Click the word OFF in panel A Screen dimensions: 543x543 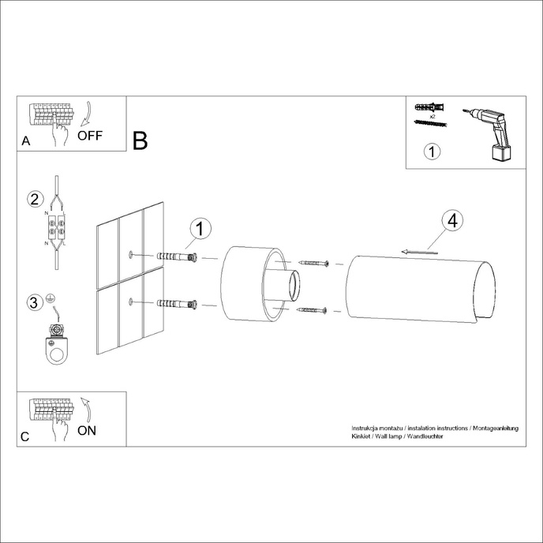[89, 135]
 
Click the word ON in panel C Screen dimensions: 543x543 [88, 430]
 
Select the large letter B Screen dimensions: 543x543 [140, 141]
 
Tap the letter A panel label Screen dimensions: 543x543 [26, 141]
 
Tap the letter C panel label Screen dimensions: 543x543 [26, 436]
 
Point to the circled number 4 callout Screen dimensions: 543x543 [451, 221]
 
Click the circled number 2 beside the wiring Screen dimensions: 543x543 [34, 199]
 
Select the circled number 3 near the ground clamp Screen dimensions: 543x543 [34, 303]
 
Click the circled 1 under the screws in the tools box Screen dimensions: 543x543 [431, 152]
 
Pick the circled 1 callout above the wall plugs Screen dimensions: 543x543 [200, 229]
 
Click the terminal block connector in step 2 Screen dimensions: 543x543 [58, 230]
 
